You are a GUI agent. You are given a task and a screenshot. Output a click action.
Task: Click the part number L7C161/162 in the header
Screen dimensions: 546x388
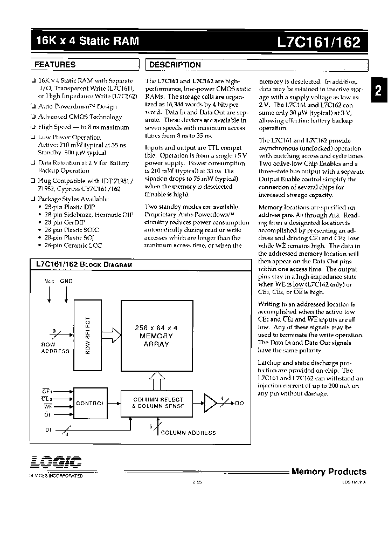tap(319, 41)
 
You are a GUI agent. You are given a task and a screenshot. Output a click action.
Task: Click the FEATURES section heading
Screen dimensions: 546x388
tap(55, 65)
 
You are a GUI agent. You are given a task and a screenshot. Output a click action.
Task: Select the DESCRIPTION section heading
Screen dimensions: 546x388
tap(175, 65)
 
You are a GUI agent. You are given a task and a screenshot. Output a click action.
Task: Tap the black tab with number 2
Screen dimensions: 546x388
tap(378, 91)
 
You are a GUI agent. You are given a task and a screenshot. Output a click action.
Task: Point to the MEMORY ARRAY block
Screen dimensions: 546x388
tap(156, 336)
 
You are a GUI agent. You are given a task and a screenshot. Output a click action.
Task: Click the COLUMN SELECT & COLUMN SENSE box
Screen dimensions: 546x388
tap(158, 402)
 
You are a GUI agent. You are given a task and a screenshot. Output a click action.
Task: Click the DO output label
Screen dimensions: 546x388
tap(239, 403)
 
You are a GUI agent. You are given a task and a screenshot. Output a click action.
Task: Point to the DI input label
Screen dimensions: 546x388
tap(47, 429)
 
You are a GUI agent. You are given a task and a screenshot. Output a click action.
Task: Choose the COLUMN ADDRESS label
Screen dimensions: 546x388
tap(189, 433)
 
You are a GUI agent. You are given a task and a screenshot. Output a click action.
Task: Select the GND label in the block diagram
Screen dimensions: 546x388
tap(66, 281)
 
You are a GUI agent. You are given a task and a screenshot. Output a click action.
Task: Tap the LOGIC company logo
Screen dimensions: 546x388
tap(53, 462)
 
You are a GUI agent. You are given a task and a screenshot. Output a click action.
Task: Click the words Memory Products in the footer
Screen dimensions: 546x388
tap(328, 472)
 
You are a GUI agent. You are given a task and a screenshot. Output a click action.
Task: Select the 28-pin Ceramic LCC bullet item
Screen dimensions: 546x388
tap(74, 245)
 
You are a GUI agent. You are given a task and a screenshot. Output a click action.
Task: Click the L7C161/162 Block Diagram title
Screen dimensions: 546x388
tap(84, 265)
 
